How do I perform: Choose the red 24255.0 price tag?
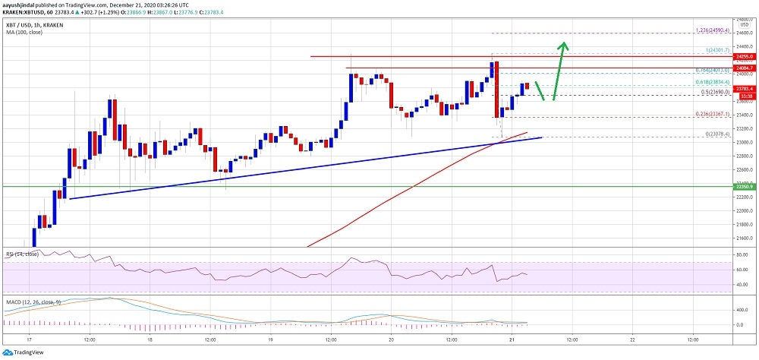[x=744, y=56]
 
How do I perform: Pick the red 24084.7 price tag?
[x=744, y=68]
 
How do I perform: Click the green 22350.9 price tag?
[x=744, y=185]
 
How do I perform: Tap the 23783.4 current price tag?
[x=744, y=88]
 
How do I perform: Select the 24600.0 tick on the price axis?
[x=744, y=33]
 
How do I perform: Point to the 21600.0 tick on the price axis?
[x=744, y=238]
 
